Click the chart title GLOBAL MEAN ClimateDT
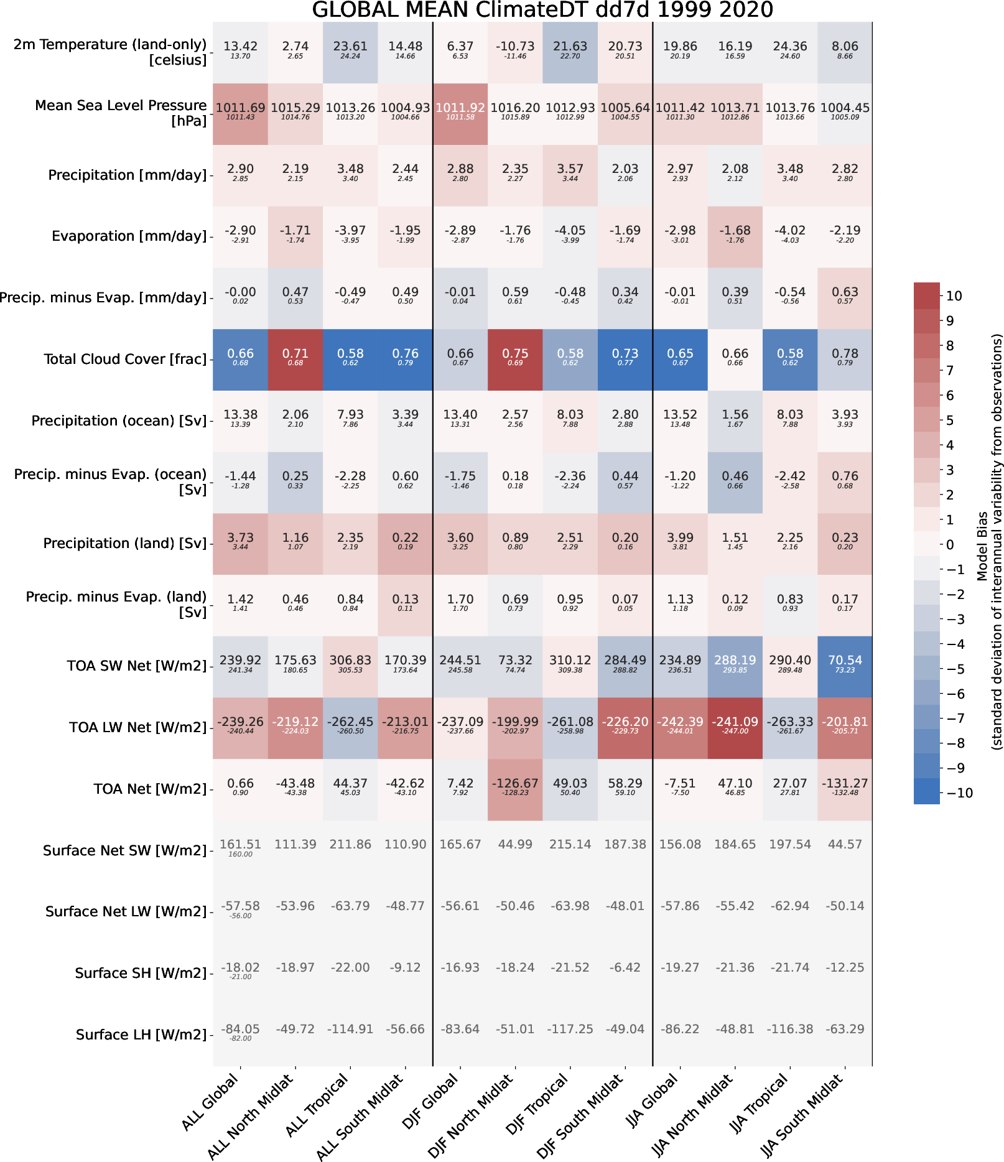(x=542, y=10)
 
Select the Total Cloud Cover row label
(x=124, y=360)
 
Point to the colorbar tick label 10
(x=954, y=296)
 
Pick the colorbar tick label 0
(x=950, y=545)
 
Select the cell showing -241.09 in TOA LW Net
(x=735, y=727)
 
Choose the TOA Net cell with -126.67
(x=515, y=788)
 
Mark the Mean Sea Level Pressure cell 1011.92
(x=460, y=113)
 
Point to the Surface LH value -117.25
(x=570, y=1029)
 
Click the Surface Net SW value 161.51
(x=240, y=845)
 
